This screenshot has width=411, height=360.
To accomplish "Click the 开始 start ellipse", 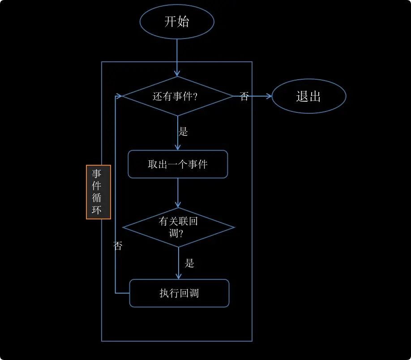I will [x=177, y=21].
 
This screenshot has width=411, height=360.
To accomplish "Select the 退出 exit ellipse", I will [x=309, y=96].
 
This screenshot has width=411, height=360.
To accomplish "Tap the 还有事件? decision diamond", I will [x=177, y=96].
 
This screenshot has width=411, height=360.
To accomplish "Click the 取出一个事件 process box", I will [x=178, y=164].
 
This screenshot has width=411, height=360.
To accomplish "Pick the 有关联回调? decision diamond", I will [x=178, y=227].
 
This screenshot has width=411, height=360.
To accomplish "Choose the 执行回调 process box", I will [x=179, y=293].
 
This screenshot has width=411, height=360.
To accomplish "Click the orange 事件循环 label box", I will [x=98, y=192].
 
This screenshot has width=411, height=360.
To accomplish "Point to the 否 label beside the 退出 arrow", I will [x=244, y=97].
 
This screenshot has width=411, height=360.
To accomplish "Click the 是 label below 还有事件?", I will [x=183, y=132].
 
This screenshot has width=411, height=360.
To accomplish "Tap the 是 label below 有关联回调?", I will [x=189, y=263].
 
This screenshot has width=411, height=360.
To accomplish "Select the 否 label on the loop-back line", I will [x=118, y=245].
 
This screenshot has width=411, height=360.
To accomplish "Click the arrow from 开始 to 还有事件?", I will [x=177, y=57].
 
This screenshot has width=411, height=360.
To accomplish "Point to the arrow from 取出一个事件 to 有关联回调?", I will [x=178, y=193].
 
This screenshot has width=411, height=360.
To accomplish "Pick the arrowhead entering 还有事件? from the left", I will [x=119, y=96].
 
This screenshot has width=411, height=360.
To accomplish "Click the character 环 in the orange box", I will [x=97, y=210].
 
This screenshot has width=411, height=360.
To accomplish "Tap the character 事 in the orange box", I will [x=97, y=174].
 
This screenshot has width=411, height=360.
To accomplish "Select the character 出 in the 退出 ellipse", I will [x=315, y=96].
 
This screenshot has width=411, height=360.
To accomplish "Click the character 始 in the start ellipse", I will [x=183, y=21].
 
